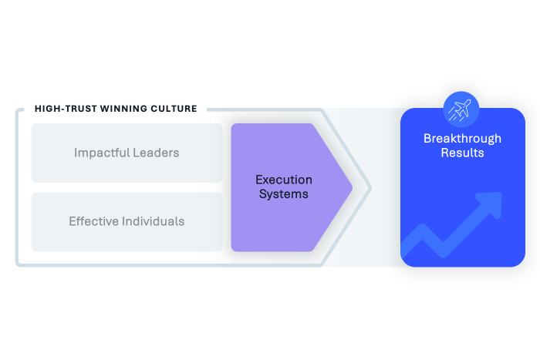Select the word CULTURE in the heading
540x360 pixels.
pos(174,109)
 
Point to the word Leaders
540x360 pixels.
pos(154,153)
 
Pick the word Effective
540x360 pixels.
pos(93,221)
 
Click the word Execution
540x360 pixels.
pos(284,180)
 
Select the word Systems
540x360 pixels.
pos(284,194)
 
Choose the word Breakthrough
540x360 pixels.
pos(462,139)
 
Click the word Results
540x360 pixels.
pos(462,153)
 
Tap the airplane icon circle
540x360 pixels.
pos(462,109)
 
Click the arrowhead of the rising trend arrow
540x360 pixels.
pos(492,203)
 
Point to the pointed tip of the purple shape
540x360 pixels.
pos(351,187)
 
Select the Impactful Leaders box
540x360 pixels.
pos(127,153)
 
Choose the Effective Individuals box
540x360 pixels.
pos(127,221)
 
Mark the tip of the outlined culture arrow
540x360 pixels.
pos(370,187)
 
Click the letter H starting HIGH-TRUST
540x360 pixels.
pos(38,109)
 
